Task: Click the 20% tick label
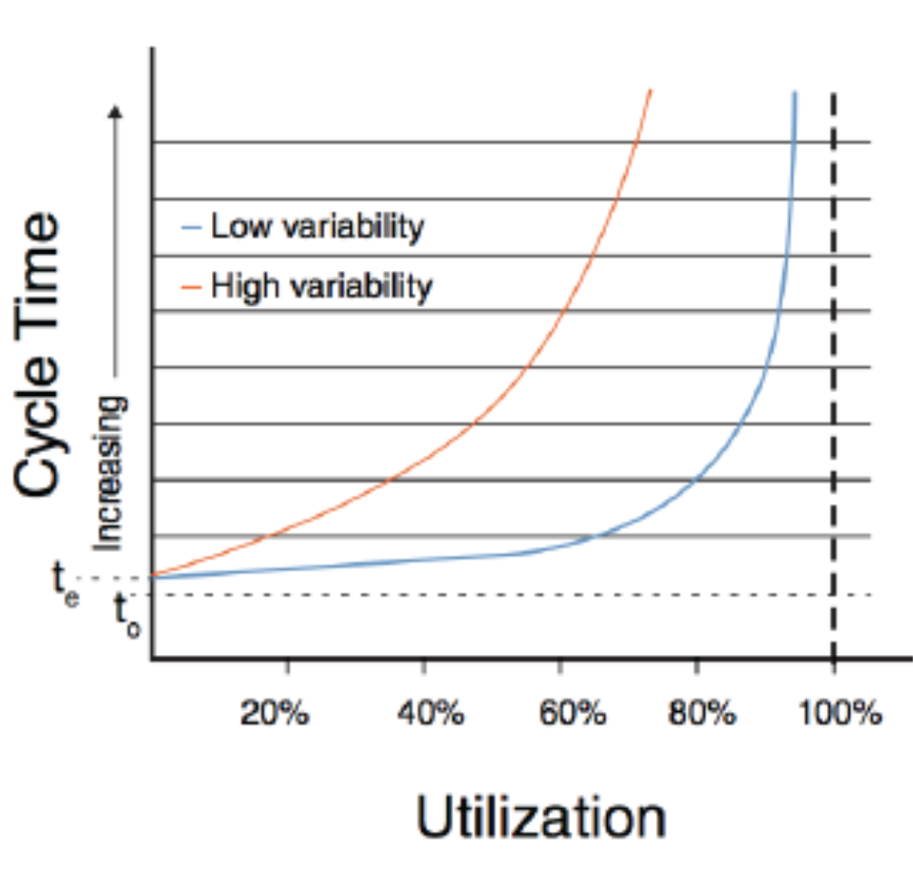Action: click(274, 713)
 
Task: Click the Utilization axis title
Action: click(541, 818)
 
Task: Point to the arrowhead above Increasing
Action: click(114, 111)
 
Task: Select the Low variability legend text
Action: click(316, 226)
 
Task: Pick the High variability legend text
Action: click(322, 286)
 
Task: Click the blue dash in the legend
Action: click(190, 227)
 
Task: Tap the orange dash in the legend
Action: click(190, 287)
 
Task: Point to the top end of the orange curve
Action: click(649, 92)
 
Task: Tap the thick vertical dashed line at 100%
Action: click(833, 362)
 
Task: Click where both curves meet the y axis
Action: click(154, 575)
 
